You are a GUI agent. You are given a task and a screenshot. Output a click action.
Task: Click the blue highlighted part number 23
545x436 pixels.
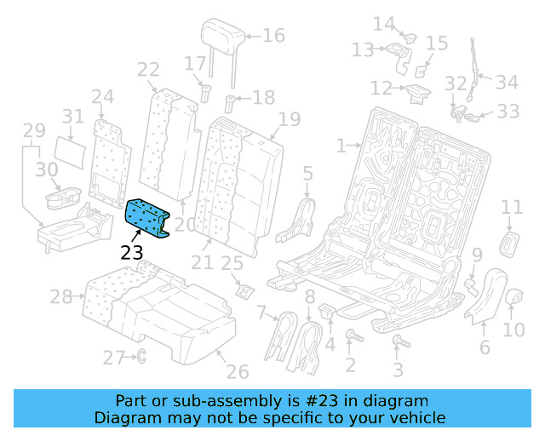(x=147, y=216)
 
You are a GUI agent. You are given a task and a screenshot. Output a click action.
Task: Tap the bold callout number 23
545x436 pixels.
(x=132, y=252)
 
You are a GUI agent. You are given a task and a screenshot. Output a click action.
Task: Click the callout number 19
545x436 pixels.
(x=290, y=118)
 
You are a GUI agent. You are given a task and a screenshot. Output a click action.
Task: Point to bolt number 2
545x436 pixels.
(x=352, y=340)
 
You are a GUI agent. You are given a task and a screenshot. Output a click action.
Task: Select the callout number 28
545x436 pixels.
(x=61, y=297)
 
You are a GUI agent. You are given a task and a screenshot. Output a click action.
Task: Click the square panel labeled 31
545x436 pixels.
(x=77, y=150)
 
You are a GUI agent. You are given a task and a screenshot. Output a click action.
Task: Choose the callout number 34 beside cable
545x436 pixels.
(x=508, y=83)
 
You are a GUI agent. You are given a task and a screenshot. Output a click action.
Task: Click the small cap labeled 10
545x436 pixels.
(x=513, y=296)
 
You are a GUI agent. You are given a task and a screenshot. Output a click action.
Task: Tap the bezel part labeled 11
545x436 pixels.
(x=510, y=242)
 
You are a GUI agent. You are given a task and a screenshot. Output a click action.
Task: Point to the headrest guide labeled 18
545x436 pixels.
(x=230, y=106)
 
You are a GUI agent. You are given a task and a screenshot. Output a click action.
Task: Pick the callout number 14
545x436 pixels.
(x=384, y=24)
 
